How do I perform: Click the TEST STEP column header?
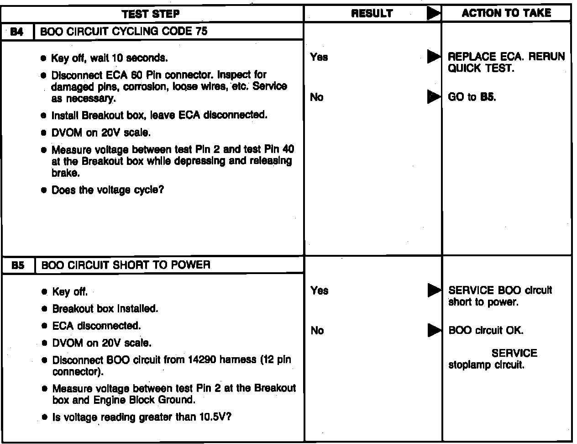pos(151,14)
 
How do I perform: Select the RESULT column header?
pos(372,14)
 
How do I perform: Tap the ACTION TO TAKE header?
pos(506,13)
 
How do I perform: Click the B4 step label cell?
pos(17,32)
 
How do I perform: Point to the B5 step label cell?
pos(18,265)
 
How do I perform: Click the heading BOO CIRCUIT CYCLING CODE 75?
pos(124,32)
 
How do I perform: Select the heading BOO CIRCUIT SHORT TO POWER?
pos(126,265)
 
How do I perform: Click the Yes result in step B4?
pos(319,57)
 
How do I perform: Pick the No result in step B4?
pos(316,97)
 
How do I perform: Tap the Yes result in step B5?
pos(319,291)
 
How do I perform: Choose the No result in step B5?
pos(317,330)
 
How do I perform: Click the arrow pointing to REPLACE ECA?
pos(434,57)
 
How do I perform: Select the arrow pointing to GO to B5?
pos(434,97)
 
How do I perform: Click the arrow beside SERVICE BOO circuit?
pos(434,291)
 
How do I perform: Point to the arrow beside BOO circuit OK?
pos(434,330)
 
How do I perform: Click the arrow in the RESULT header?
pos(434,14)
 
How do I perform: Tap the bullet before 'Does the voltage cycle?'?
pos(43,190)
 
